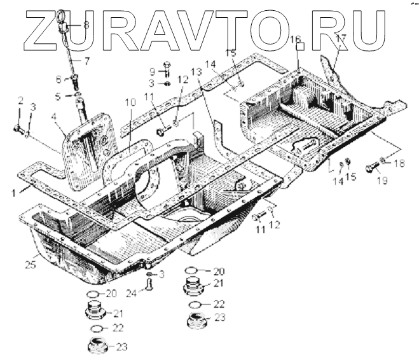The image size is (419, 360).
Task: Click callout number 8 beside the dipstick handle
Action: coord(86,25)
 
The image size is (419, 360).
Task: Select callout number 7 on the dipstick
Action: coord(88,61)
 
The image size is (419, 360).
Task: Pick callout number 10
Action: coord(130,102)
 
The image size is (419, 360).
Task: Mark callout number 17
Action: coord(341,38)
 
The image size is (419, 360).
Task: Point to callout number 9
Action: coord(152,71)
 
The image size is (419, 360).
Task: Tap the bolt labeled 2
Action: coord(17,129)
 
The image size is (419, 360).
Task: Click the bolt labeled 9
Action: coord(166,66)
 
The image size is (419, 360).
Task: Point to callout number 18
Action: coord(399,163)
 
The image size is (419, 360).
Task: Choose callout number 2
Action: coord(20,101)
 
